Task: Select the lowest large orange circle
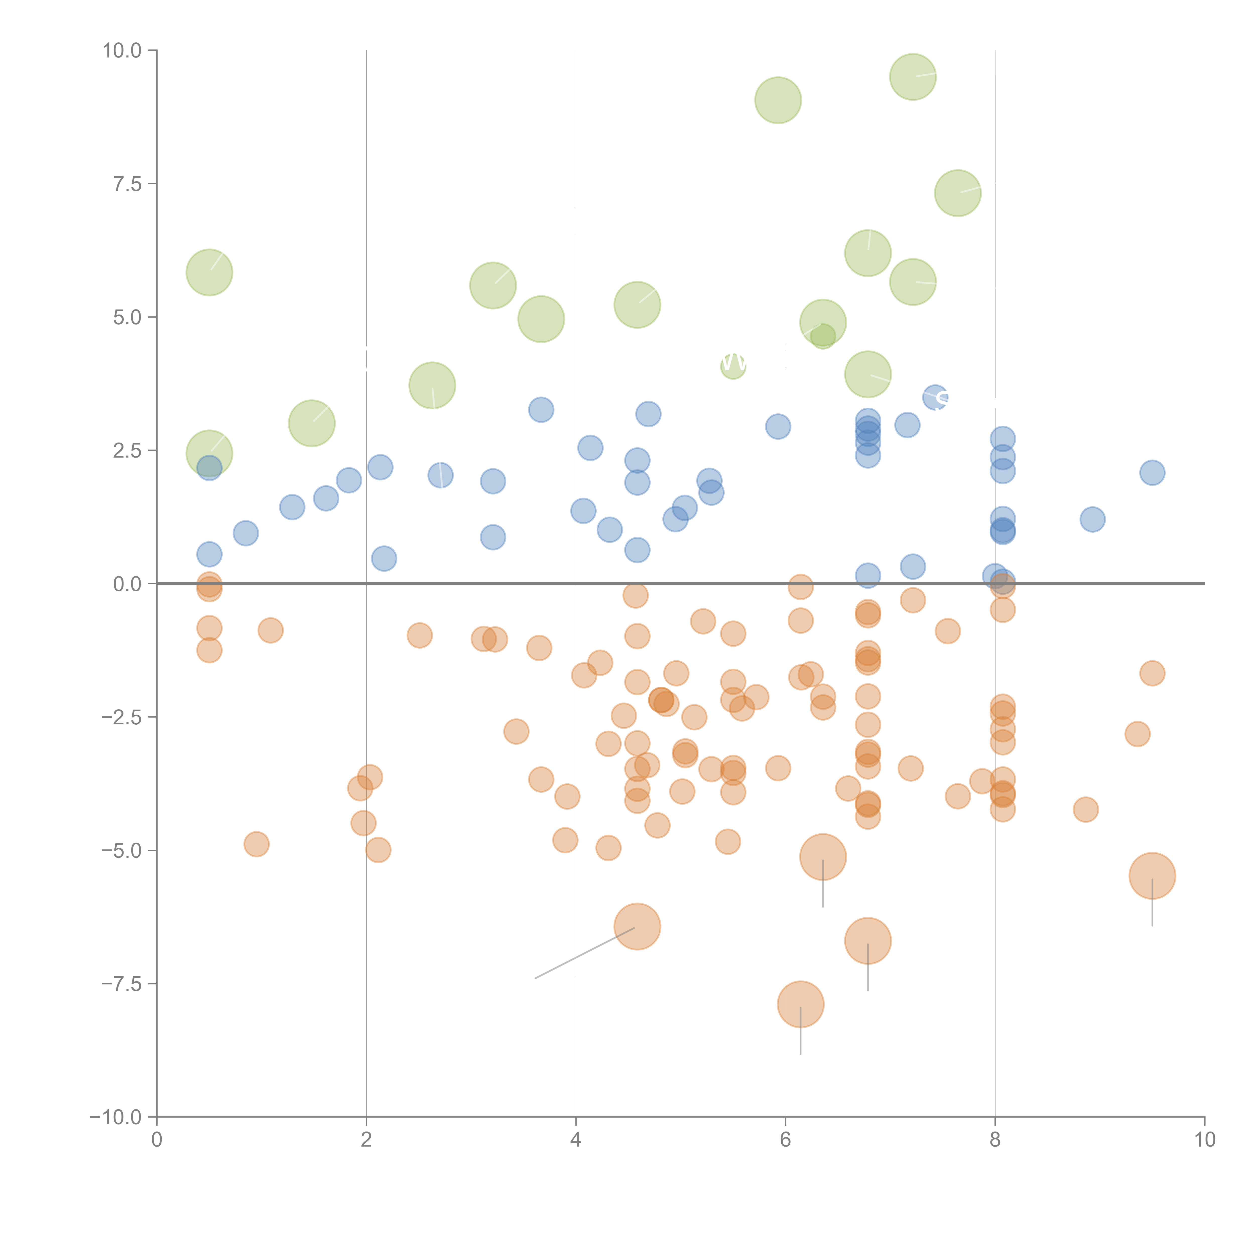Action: click(800, 1004)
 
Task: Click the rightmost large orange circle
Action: click(1152, 876)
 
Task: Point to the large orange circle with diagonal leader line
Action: click(637, 926)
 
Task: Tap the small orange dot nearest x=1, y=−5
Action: click(257, 844)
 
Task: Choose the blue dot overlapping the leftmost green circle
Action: click(209, 468)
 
